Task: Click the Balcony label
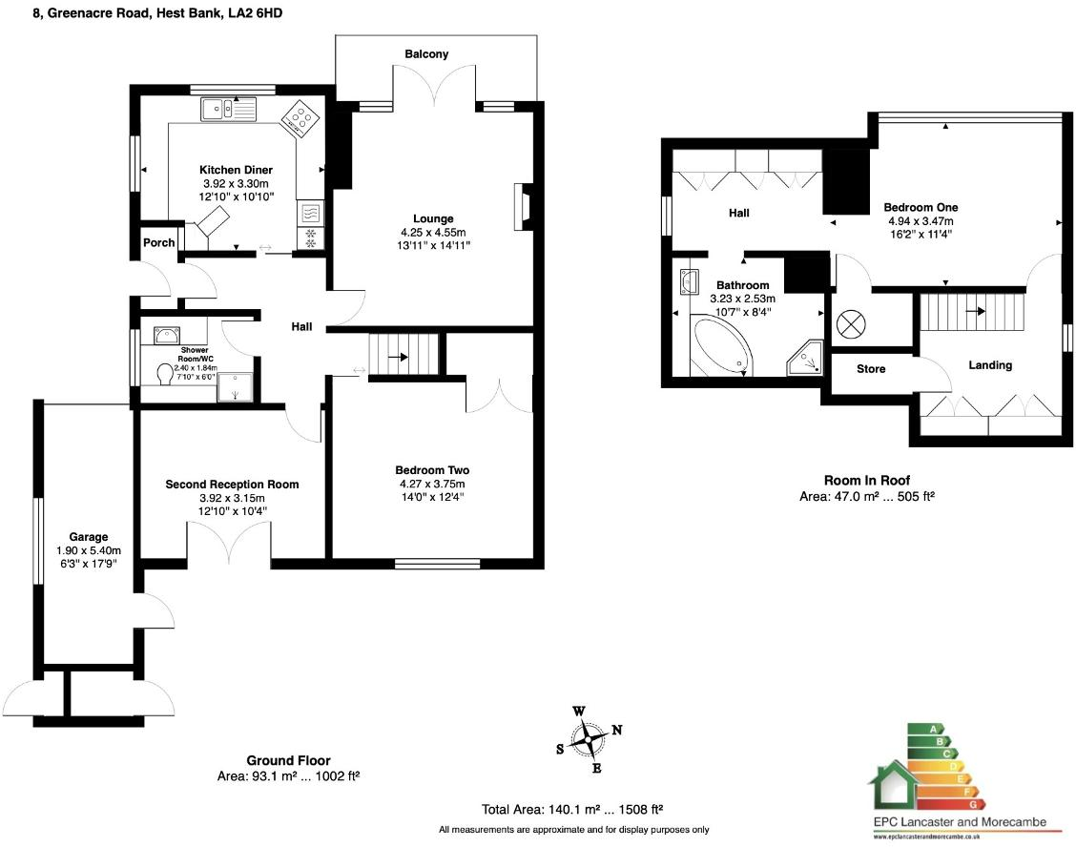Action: [425, 54]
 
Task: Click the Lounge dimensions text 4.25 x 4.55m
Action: [426, 232]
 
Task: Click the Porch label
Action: [158, 242]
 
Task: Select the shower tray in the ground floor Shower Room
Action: [231, 386]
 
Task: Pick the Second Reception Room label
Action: [232, 485]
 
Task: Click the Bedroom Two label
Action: [432, 470]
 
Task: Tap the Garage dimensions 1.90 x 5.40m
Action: [88, 549]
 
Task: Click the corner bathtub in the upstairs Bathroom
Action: [721, 345]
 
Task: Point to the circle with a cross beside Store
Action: [849, 323]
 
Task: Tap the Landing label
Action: [990, 365]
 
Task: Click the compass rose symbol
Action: [588, 736]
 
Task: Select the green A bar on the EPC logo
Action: [922, 729]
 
